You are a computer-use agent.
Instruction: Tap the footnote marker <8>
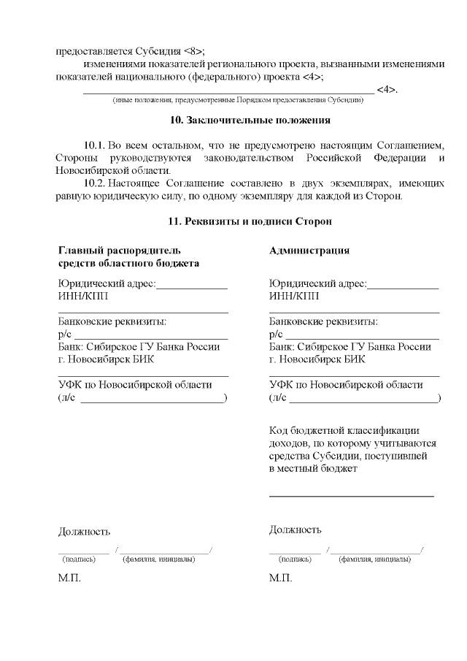tap(193, 51)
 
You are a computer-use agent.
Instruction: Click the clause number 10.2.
tap(95, 183)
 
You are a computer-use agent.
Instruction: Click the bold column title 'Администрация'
tap(309, 251)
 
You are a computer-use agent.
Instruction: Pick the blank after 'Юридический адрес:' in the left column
tap(192, 288)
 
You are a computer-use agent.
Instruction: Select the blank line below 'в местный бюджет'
tap(352, 495)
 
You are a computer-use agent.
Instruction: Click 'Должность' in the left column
tap(84, 531)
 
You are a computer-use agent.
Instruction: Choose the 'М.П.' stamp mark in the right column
tap(280, 578)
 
